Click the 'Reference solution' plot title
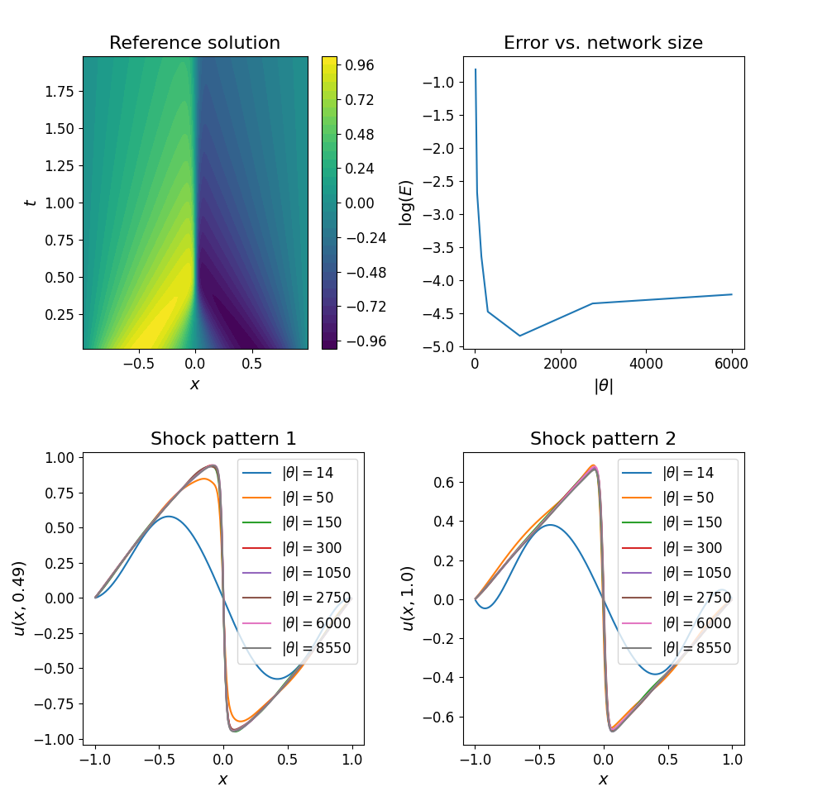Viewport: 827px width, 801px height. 194,43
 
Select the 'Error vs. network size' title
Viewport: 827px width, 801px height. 603,43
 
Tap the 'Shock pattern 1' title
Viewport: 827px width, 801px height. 222,439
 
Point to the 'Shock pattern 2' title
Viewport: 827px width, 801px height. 603,439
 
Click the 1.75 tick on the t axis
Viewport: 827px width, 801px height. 60,91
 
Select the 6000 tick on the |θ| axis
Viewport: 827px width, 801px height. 732,362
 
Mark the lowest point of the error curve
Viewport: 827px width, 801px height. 519,336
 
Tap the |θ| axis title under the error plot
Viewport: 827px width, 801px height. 603,385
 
